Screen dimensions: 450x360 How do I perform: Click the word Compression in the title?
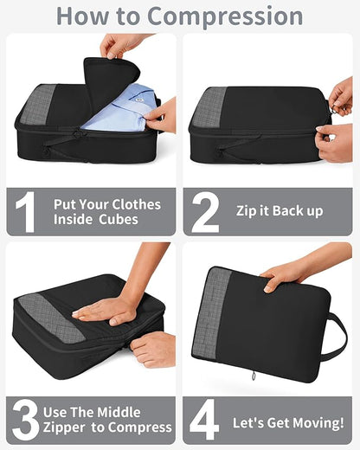pyautogui.click(x=225, y=16)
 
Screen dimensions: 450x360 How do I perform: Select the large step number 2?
pyautogui.click(x=205, y=211)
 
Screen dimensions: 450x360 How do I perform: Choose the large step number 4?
pyautogui.click(x=205, y=419)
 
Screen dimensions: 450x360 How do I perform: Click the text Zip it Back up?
pyautogui.click(x=280, y=211)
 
